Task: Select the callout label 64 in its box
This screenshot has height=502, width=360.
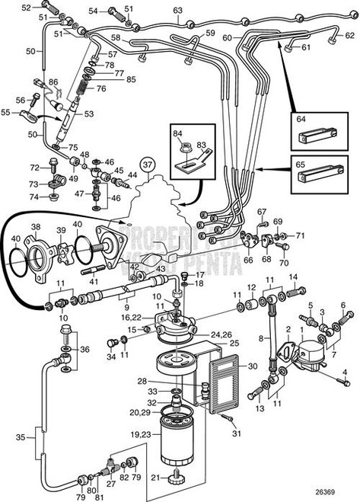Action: tap(301, 120)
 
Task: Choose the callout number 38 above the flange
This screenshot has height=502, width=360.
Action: tap(35, 227)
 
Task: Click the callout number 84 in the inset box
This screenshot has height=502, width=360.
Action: tap(178, 134)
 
